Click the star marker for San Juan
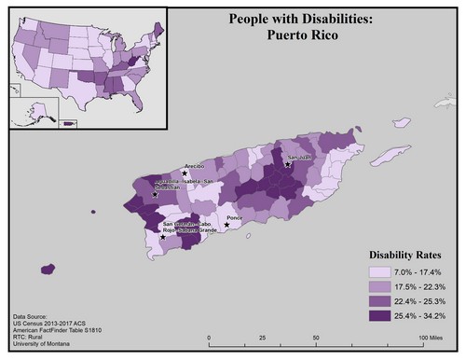(288, 164)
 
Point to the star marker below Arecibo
(185, 173)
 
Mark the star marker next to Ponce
(226, 225)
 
